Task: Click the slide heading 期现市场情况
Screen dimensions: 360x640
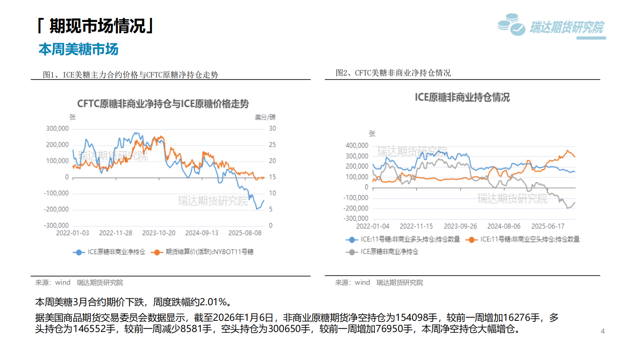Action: [x=97, y=26]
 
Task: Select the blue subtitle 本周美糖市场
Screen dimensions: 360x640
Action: [x=78, y=49]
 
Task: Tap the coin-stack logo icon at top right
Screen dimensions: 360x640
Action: [x=511, y=25]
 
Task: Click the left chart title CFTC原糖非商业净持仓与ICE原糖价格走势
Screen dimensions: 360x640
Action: [x=163, y=104]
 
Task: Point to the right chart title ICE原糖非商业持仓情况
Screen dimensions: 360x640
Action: [x=462, y=98]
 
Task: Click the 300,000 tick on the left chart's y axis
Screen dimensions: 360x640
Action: [x=57, y=128]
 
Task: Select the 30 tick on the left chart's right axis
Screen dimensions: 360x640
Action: [x=272, y=128]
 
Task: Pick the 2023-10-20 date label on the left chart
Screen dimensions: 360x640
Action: [x=159, y=233]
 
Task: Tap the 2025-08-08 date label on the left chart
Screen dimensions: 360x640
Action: [x=245, y=233]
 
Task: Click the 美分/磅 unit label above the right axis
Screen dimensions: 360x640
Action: [x=265, y=117]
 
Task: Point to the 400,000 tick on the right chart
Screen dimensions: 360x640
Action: [x=357, y=146]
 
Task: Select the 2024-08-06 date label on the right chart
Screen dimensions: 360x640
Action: [x=504, y=226]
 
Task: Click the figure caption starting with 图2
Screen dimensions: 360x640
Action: [x=393, y=73]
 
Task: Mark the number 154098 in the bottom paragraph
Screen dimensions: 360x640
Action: [x=416, y=318]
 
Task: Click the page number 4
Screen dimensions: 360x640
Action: [x=603, y=331]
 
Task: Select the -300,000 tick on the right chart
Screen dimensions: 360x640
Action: [x=356, y=218]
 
